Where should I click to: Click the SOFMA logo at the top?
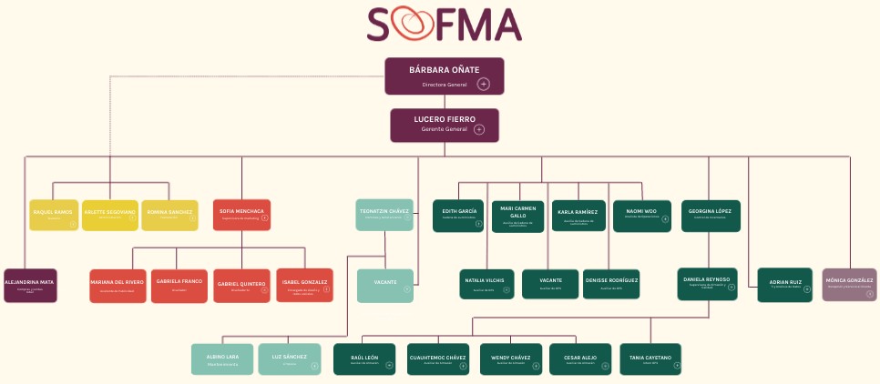(445, 25)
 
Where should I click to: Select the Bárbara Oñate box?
(444, 76)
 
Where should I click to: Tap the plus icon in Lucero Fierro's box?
(479, 130)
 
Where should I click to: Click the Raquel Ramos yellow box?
(54, 215)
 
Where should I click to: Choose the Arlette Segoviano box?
(109, 215)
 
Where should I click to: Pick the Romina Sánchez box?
(169, 215)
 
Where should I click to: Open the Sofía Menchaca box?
(241, 215)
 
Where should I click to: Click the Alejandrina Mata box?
(30, 285)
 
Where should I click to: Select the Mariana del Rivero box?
(118, 286)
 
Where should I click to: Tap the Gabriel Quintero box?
(241, 286)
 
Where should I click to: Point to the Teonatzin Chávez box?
(384, 215)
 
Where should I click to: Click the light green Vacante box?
(384, 285)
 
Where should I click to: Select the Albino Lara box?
(221, 359)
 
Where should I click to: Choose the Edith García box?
(456, 215)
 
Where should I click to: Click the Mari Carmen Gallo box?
(518, 216)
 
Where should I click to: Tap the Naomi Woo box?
(641, 215)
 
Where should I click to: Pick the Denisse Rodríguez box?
(610, 284)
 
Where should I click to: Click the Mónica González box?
(849, 284)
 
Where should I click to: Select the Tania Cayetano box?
(650, 359)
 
